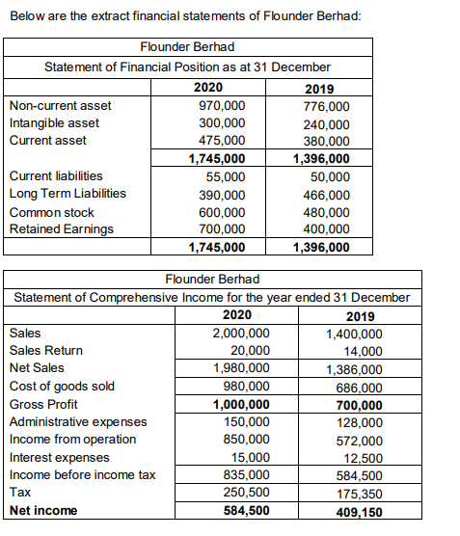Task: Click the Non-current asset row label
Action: [x=60, y=105]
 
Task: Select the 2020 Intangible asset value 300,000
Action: [x=222, y=123]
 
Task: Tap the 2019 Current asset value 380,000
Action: [x=326, y=141]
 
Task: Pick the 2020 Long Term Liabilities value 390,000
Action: [x=222, y=195]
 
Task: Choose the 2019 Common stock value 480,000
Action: [x=326, y=212]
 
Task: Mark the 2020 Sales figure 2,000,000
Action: [x=241, y=333]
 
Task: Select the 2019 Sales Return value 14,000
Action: [x=363, y=351]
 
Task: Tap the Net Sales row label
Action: [x=37, y=367]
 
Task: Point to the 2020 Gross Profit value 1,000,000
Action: [x=241, y=404]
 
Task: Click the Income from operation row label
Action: [x=72, y=440]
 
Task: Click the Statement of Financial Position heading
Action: [x=187, y=67]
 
